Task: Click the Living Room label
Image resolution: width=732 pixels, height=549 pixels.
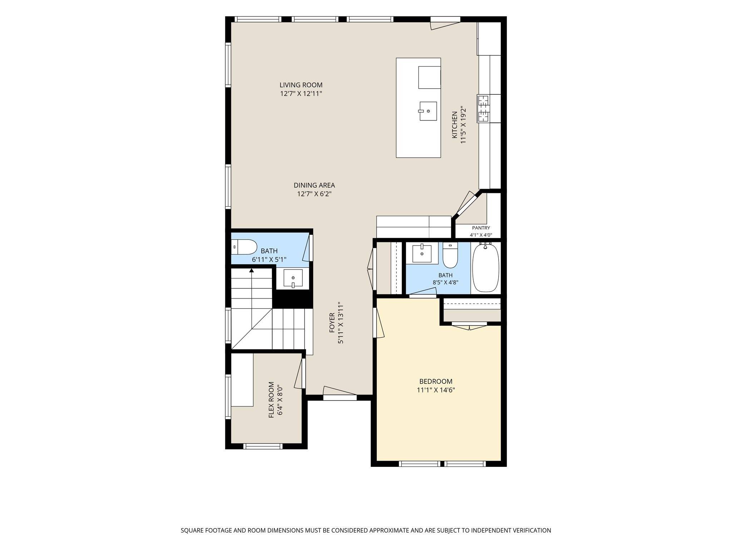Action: (301, 85)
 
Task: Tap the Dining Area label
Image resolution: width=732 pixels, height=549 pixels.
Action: (314, 186)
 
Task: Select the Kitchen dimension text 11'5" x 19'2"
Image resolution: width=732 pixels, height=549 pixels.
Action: (464, 125)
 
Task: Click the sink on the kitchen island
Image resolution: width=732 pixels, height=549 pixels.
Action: (428, 112)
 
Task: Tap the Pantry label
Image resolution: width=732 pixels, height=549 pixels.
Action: (481, 228)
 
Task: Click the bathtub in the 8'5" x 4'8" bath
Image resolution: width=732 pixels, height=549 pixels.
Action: (485, 267)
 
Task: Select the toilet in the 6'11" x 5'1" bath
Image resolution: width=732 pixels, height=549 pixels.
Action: (244, 247)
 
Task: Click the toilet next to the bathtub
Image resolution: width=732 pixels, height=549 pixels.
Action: (450, 255)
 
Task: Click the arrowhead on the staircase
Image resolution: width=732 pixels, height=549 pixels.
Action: (252, 271)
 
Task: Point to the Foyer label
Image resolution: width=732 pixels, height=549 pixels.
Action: (332, 323)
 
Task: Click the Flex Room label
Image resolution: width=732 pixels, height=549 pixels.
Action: (271, 399)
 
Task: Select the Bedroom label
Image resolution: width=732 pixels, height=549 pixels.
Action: (436, 381)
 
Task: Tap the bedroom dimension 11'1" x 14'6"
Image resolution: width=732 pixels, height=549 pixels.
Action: (436, 390)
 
